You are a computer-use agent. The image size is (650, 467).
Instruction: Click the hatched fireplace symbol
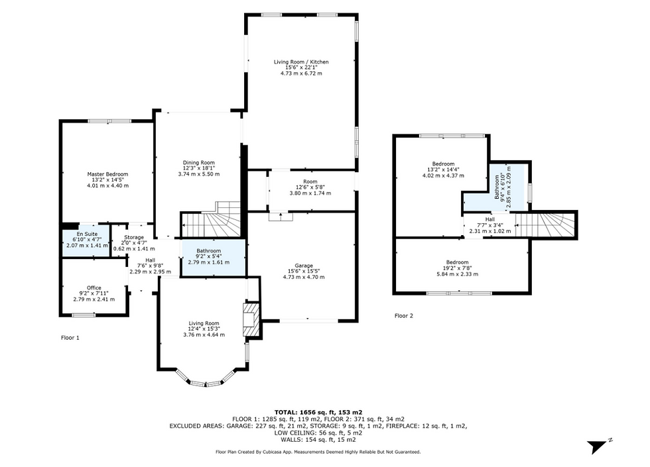251,321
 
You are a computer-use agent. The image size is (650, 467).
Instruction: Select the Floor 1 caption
70,338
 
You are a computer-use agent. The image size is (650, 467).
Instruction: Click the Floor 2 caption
404,316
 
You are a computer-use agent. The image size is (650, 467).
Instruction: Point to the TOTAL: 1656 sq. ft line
318,412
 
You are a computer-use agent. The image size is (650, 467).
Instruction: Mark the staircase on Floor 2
545,225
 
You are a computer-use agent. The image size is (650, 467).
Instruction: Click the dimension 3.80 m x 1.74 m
310,193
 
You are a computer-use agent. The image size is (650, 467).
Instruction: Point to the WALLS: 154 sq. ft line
318,440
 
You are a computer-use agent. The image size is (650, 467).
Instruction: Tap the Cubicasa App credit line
318,452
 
